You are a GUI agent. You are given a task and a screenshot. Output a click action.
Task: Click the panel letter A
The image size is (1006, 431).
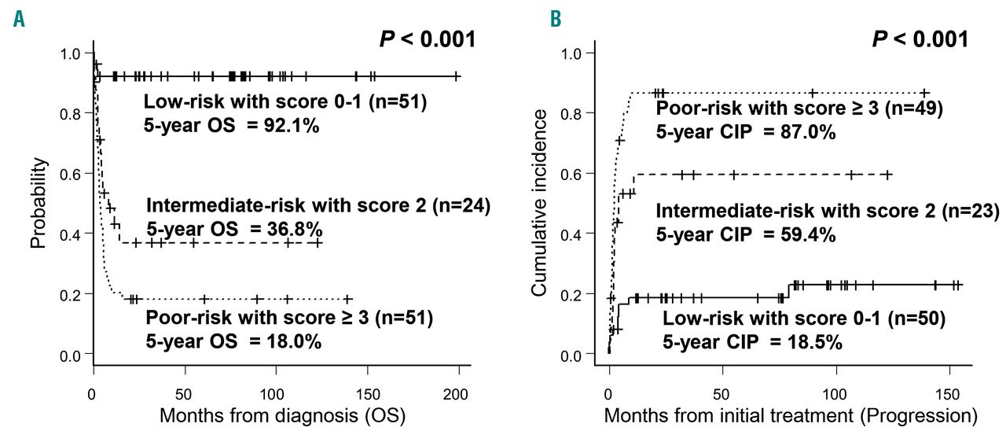[x=18, y=17]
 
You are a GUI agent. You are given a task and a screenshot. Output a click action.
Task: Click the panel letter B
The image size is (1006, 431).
[x=534, y=17]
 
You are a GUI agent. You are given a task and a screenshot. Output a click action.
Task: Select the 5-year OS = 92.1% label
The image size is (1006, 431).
[x=232, y=125]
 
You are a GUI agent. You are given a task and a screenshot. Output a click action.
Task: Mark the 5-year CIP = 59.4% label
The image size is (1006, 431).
[x=746, y=234]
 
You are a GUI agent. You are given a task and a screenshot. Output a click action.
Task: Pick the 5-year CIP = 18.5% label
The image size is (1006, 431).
[x=752, y=343]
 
